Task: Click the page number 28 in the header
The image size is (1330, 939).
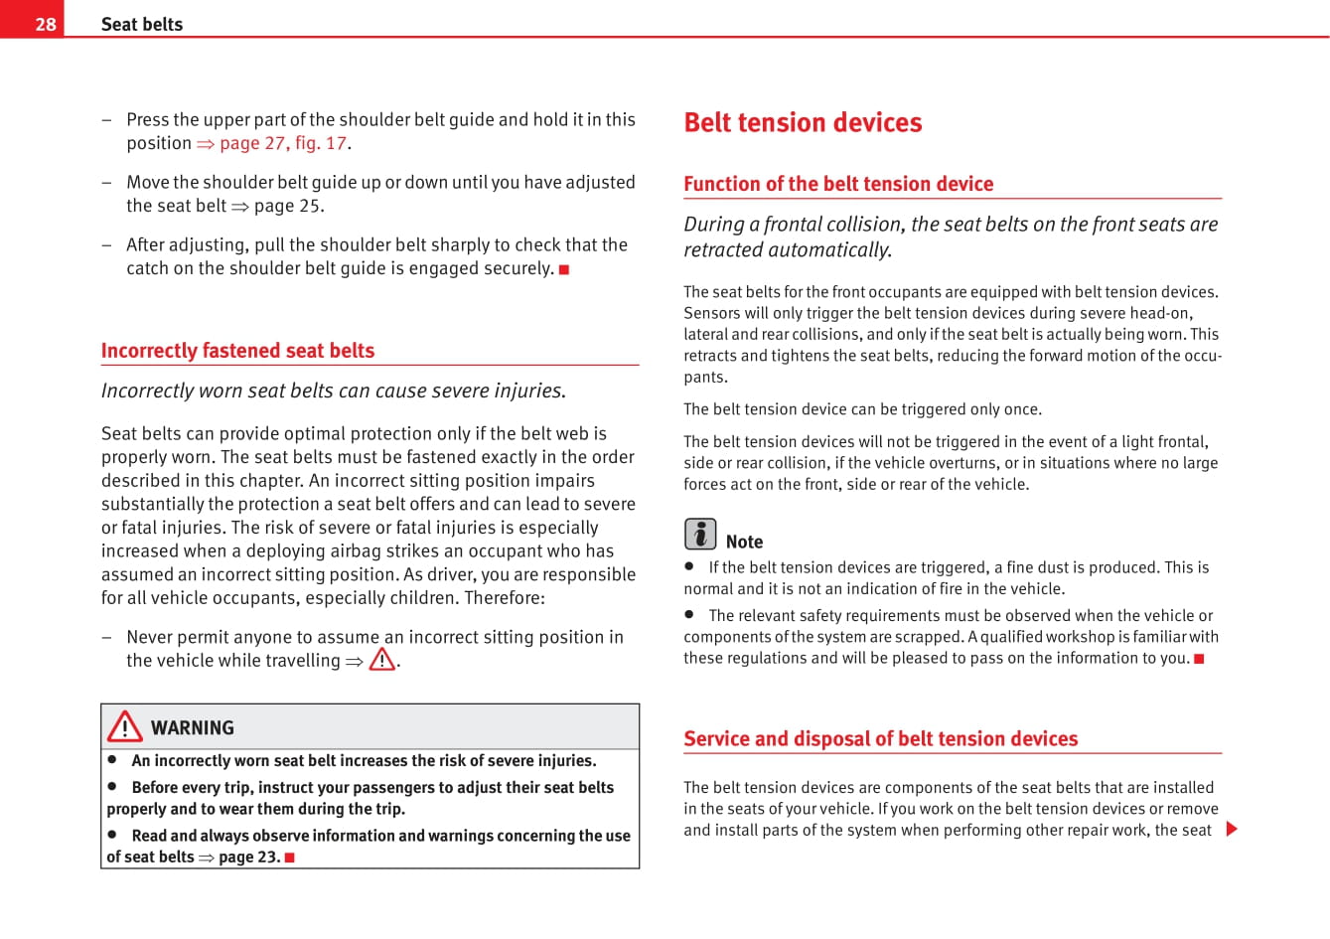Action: click(x=46, y=24)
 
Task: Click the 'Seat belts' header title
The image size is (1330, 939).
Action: click(x=142, y=24)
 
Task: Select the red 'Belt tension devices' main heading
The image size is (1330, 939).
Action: click(x=803, y=122)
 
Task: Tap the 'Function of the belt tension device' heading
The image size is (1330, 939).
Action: click(x=838, y=184)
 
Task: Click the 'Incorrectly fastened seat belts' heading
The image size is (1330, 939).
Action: click(x=237, y=351)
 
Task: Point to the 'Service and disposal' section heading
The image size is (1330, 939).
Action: click(x=880, y=738)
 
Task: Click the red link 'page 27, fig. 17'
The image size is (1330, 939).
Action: click(x=283, y=143)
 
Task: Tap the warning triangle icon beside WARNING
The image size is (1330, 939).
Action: click(x=125, y=727)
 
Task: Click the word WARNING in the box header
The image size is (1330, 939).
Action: click(x=193, y=728)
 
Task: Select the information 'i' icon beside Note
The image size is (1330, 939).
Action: click(x=700, y=535)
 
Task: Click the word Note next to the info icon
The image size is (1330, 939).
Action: click(x=744, y=542)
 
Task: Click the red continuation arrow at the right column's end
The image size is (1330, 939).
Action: click(x=1232, y=829)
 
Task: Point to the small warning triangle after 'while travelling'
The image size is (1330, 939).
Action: click(x=382, y=660)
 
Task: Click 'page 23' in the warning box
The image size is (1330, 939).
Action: click(x=248, y=857)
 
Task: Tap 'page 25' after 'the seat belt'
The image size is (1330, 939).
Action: click(x=288, y=206)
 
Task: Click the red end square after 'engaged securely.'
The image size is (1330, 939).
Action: click(x=564, y=269)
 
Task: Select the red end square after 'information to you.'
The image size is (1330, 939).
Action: click(x=1199, y=659)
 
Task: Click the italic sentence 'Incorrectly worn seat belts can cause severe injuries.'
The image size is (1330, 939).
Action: click(x=334, y=391)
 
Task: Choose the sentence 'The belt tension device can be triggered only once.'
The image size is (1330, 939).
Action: click(x=862, y=409)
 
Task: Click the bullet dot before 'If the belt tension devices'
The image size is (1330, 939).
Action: click(x=688, y=566)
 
